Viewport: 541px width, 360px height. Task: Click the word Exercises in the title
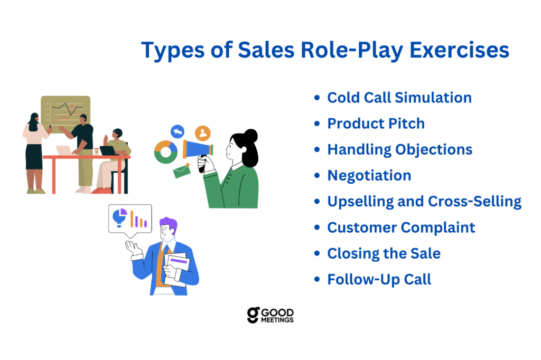[459, 50]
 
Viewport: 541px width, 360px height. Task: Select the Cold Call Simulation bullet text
[399, 98]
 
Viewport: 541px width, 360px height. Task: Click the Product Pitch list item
[376, 124]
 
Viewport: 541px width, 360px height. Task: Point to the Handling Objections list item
[399, 150]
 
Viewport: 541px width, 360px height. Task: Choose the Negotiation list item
[369, 176]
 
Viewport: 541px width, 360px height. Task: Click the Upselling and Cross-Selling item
[424, 202]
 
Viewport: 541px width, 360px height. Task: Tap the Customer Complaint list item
[401, 228]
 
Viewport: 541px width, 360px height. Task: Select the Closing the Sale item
[384, 253]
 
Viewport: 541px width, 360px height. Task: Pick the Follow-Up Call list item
[379, 279]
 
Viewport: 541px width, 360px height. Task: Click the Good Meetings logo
[270, 315]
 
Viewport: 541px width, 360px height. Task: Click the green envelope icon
[182, 170]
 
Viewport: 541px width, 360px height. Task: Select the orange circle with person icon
[202, 133]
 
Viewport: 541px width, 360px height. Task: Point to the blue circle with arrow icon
[178, 131]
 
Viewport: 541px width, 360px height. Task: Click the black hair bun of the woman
[251, 136]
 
